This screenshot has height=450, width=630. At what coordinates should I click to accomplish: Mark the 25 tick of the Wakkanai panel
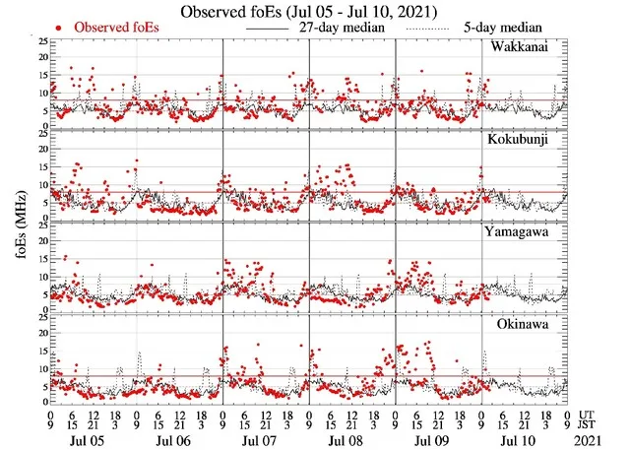click(x=42, y=42)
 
